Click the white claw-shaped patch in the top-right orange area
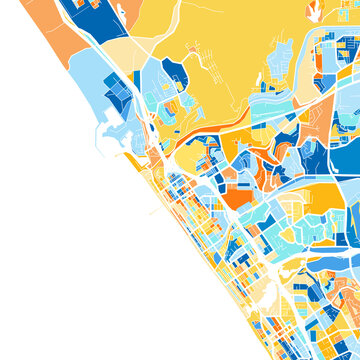[x=314, y=13]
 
